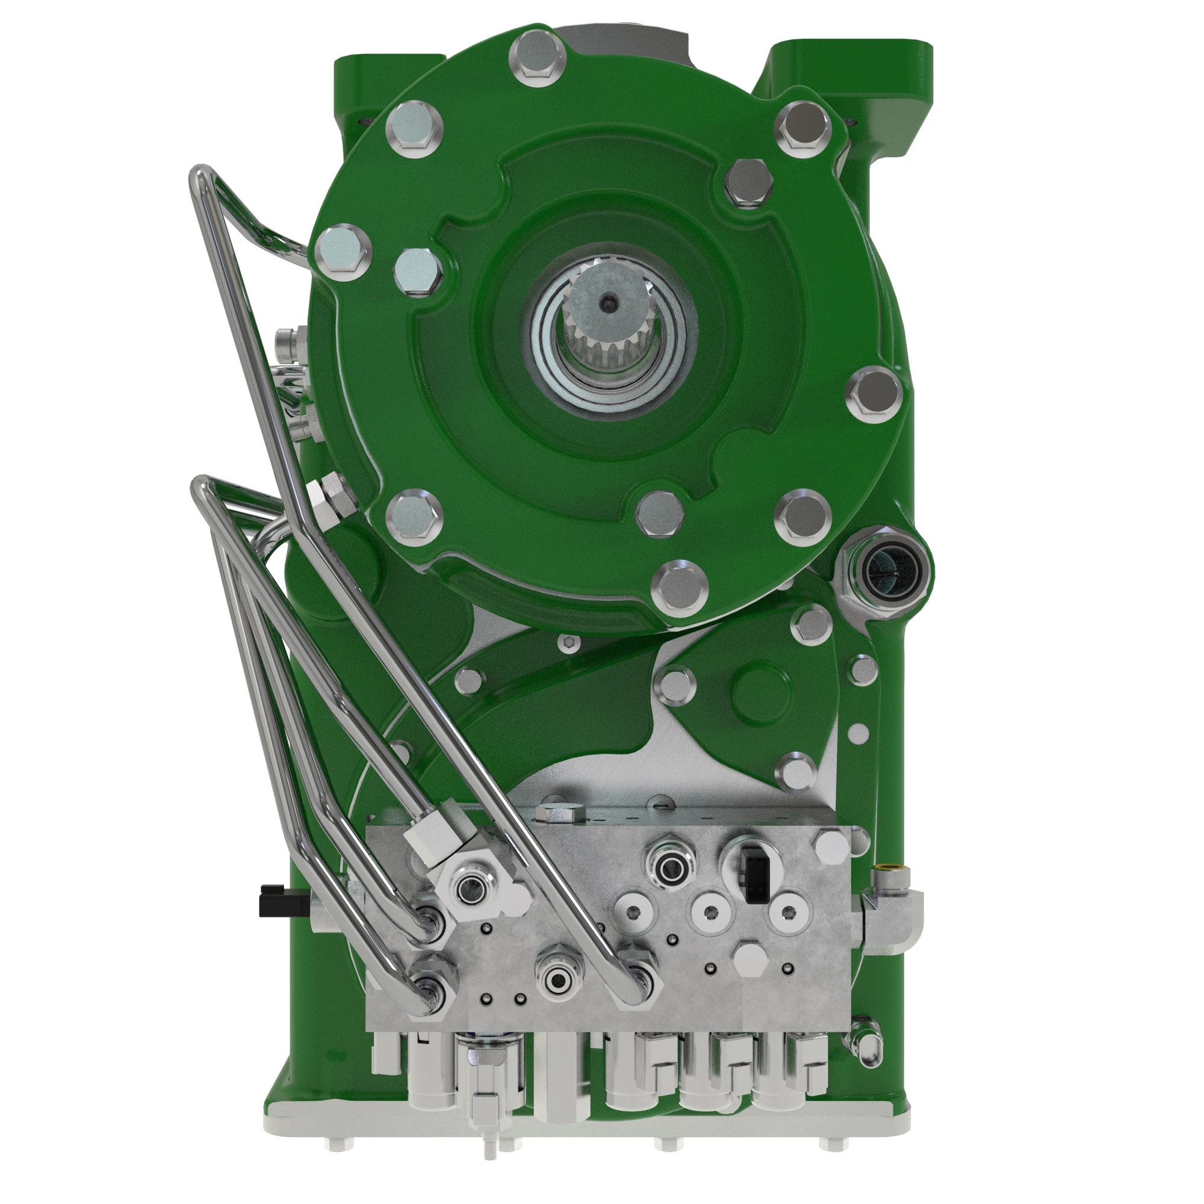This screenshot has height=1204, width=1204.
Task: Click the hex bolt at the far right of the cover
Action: tap(874, 394)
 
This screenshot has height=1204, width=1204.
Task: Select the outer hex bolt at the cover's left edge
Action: tap(343, 253)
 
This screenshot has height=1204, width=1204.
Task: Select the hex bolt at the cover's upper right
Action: tap(803, 127)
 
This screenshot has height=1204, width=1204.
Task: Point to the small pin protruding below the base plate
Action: tap(491, 1148)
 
